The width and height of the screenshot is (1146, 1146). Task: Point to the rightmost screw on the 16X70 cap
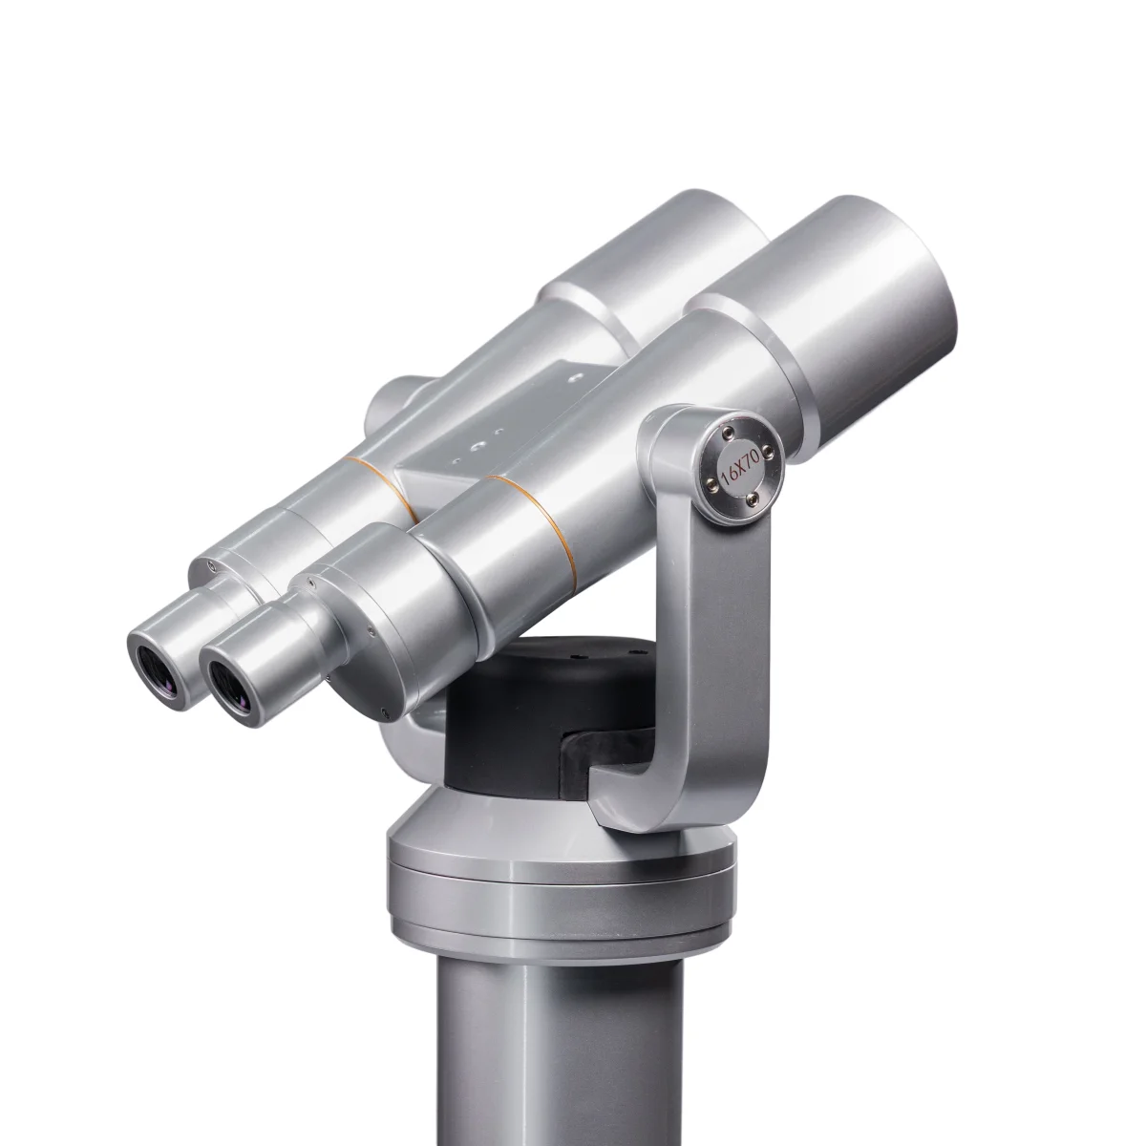tap(768, 449)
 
